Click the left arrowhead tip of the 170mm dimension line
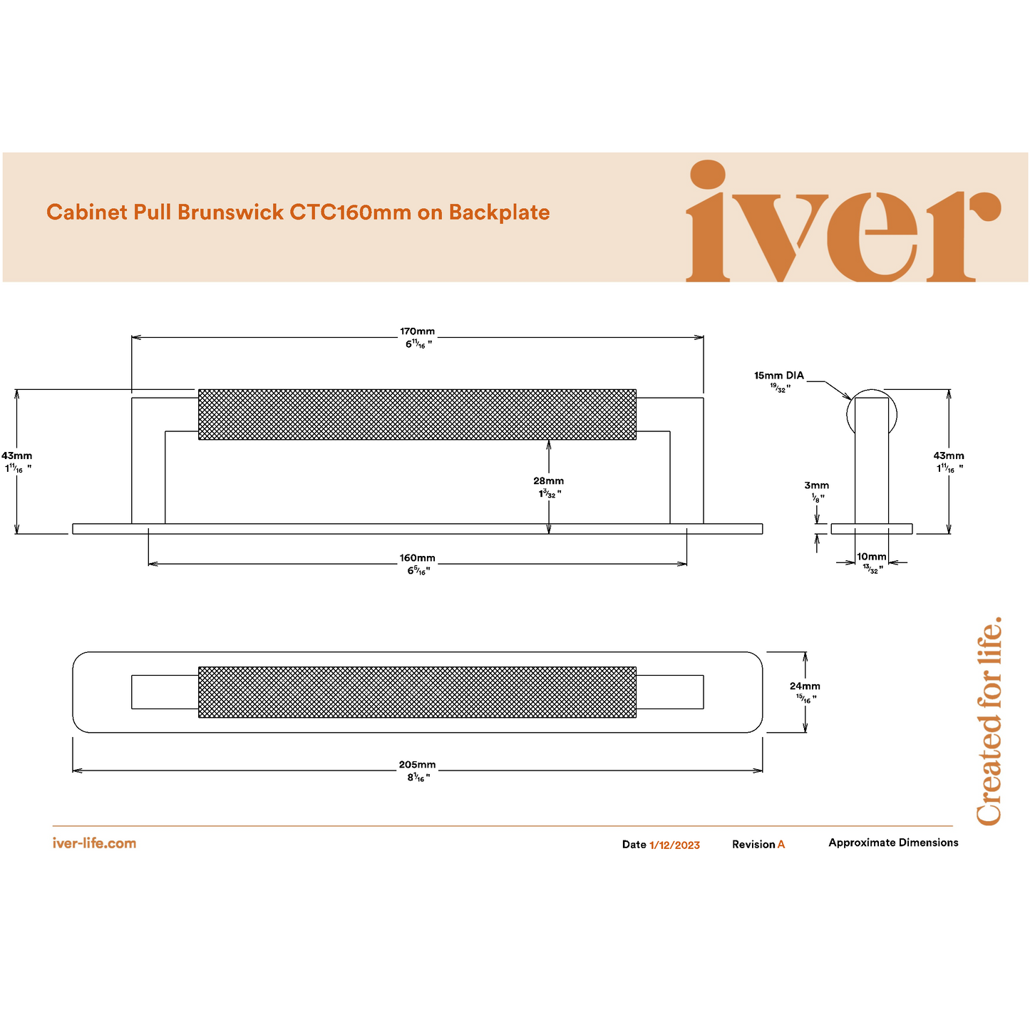(131, 337)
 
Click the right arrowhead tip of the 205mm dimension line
(762, 771)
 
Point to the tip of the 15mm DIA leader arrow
(851, 399)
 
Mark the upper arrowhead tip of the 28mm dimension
(548, 440)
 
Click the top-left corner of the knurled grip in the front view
(198, 389)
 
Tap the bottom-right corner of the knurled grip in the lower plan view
(636, 717)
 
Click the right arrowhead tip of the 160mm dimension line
(686, 564)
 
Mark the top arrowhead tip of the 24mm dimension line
(805, 652)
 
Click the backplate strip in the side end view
(871, 529)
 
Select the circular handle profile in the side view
(871, 414)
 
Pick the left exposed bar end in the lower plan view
(165, 692)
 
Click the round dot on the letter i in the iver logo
(708, 175)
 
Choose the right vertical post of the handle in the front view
(686, 460)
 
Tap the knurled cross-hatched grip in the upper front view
(417, 414)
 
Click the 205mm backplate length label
(417, 764)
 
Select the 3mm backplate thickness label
(816, 485)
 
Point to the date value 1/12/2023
(674, 845)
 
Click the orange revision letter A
(781, 845)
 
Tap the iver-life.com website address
(94, 843)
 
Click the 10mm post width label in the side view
(871, 557)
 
